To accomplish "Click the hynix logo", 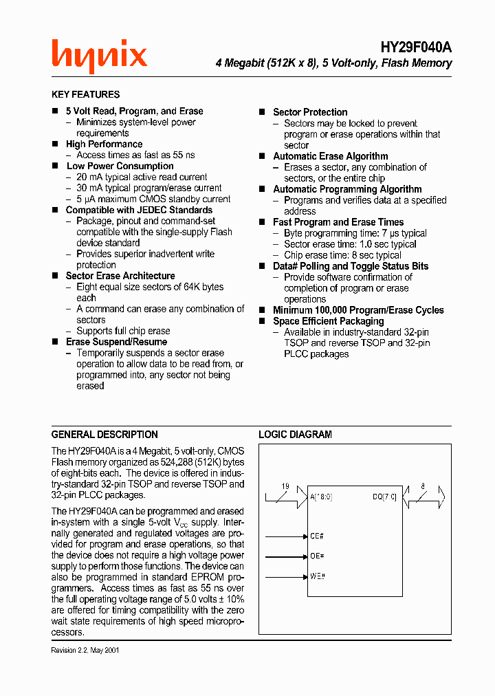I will [99, 55].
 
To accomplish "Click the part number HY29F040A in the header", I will [416, 47].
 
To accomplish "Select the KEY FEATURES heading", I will [85, 94].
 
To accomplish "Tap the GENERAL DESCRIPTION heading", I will [104, 435].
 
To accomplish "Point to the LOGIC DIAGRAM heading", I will [295, 435].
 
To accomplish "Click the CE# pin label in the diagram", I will [317, 536].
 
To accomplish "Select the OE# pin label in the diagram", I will [317, 556].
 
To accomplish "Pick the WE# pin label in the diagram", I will [317, 576].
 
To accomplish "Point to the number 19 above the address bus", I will [285, 486].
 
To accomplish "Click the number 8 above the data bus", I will [422, 486].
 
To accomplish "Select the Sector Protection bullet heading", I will [310, 112].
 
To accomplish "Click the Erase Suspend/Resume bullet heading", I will [116, 342].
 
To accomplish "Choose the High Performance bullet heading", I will [104, 144].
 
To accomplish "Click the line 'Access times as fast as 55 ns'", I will [135, 155].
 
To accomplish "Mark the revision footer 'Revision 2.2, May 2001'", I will [85, 650].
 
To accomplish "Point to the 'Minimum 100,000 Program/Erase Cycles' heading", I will [358, 310].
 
